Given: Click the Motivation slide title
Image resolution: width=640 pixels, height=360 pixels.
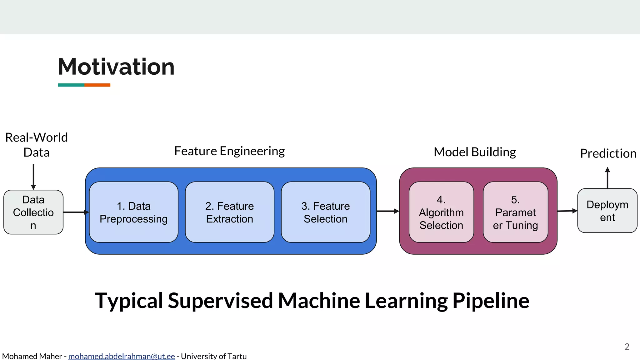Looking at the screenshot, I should point(116,67).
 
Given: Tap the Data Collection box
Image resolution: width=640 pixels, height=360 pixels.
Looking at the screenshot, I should point(33,212).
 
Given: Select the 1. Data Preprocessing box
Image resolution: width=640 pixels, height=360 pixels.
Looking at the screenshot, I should point(133,212).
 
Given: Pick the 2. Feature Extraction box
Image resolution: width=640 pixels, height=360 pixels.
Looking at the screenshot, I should point(229,212).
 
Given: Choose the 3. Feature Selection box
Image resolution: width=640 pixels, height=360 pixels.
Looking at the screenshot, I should point(325,212).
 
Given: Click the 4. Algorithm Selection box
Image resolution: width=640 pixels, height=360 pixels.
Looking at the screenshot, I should point(441,212).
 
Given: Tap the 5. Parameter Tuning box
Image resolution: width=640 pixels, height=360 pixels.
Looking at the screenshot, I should point(515,212).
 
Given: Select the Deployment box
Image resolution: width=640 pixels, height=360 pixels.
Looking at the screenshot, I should point(607,211).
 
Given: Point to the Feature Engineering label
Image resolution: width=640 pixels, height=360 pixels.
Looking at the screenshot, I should point(229,151).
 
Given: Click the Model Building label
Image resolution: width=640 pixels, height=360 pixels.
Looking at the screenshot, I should point(475,152).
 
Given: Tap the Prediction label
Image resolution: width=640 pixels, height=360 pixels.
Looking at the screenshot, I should point(608,153).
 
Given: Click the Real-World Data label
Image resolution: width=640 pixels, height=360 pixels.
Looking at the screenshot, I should point(37,145).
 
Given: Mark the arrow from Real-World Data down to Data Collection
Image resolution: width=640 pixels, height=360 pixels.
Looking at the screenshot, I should point(33,177).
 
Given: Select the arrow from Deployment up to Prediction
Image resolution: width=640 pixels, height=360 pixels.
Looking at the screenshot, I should point(607,178).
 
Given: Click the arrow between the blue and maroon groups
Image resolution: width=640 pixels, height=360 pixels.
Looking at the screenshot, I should point(387,211).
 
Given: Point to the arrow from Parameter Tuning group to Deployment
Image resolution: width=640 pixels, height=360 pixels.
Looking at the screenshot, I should point(567,211).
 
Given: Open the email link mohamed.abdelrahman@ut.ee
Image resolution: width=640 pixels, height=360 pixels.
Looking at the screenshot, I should point(122,356).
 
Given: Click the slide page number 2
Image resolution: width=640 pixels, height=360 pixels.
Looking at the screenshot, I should point(627,347).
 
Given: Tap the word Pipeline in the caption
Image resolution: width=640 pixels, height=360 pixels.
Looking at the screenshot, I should point(491,301).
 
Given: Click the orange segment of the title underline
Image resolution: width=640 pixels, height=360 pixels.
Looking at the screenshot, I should point(97,85).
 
